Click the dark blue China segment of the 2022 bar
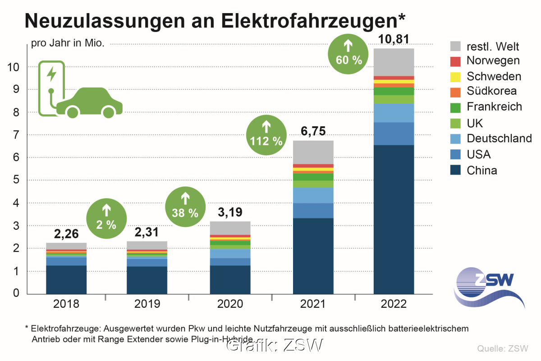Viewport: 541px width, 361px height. pyautogui.click(x=394, y=219)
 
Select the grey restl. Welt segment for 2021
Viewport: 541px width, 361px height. pyautogui.click(x=313, y=153)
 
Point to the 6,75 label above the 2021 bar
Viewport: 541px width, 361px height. pyautogui.click(x=313, y=132)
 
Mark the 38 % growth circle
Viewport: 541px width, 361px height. pyautogui.click(x=185, y=206)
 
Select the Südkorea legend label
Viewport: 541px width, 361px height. pyautogui.click(x=491, y=91)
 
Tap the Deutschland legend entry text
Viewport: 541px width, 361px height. pyautogui.click(x=499, y=138)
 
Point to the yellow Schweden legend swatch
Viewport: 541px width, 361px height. pyautogui.click(x=455, y=77)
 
